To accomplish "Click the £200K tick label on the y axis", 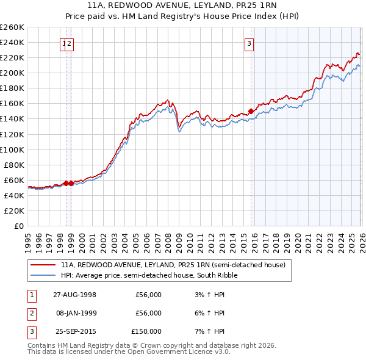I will [12, 73].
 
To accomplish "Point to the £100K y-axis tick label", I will [12, 149].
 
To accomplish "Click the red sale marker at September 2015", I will [251, 111].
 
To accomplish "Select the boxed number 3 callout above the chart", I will [249, 43].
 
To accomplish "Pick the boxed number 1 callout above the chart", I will [64, 43].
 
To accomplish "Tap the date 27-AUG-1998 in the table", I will [75, 295].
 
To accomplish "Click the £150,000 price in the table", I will [146, 331].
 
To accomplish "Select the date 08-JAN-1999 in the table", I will [75, 313].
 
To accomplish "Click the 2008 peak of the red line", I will [167, 99].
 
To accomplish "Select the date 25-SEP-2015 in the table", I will [75, 331].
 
